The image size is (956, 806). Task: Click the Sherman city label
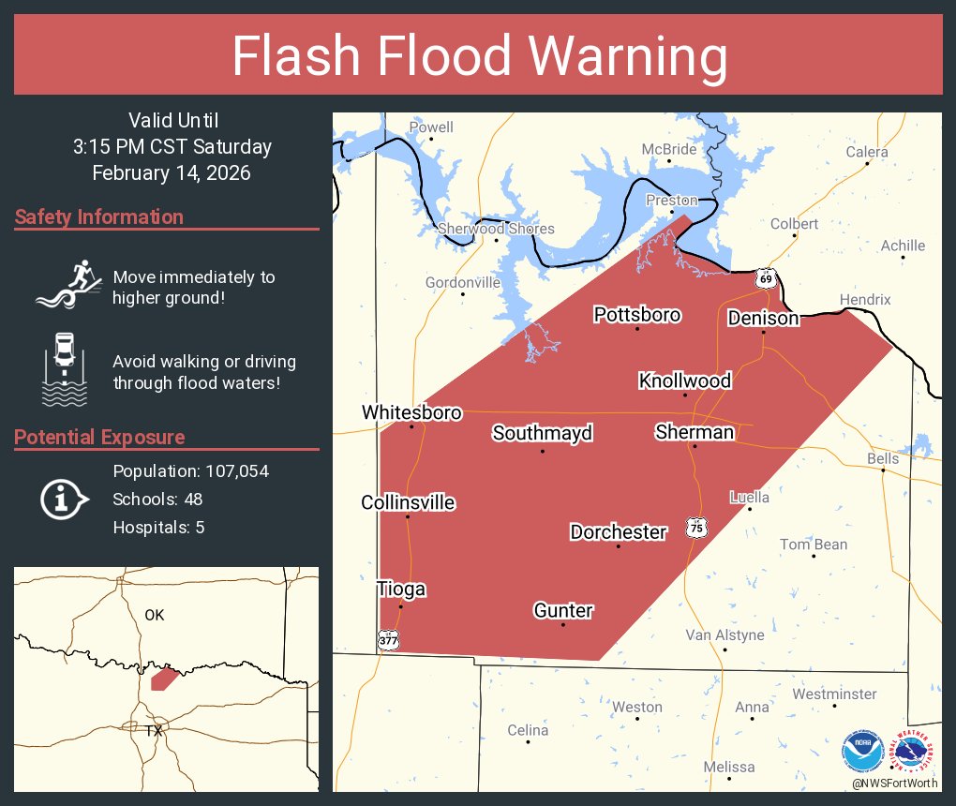tap(695, 432)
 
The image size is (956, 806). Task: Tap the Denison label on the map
tap(763, 319)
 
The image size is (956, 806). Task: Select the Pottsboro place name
tap(637, 315)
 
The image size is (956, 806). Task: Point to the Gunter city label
tap(563, 611)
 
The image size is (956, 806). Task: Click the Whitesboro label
tap(411, 412)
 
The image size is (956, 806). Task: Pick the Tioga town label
tap(401, 590)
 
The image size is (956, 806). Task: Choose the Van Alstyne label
tap(724, 635)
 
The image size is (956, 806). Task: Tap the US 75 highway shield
tap(695, 527)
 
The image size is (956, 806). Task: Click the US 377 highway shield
tap(388, 639)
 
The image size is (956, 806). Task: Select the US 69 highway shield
tap(767, 278)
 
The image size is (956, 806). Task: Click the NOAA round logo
tap(862, 751)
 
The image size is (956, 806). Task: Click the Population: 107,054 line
tap(190, 471)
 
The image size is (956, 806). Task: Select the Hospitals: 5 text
tap(158, 528)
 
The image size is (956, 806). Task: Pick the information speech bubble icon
tap(64, 499)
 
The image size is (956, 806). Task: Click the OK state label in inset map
tap(155, 615)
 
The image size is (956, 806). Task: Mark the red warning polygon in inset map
tap(164, 679)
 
